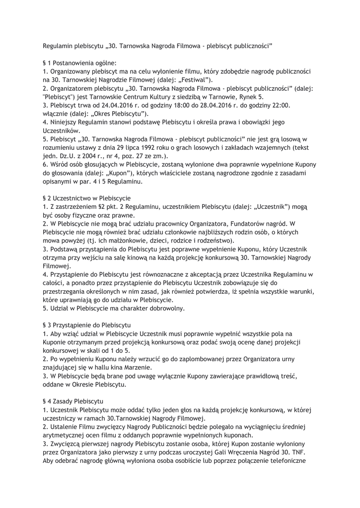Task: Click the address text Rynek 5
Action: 249,97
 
